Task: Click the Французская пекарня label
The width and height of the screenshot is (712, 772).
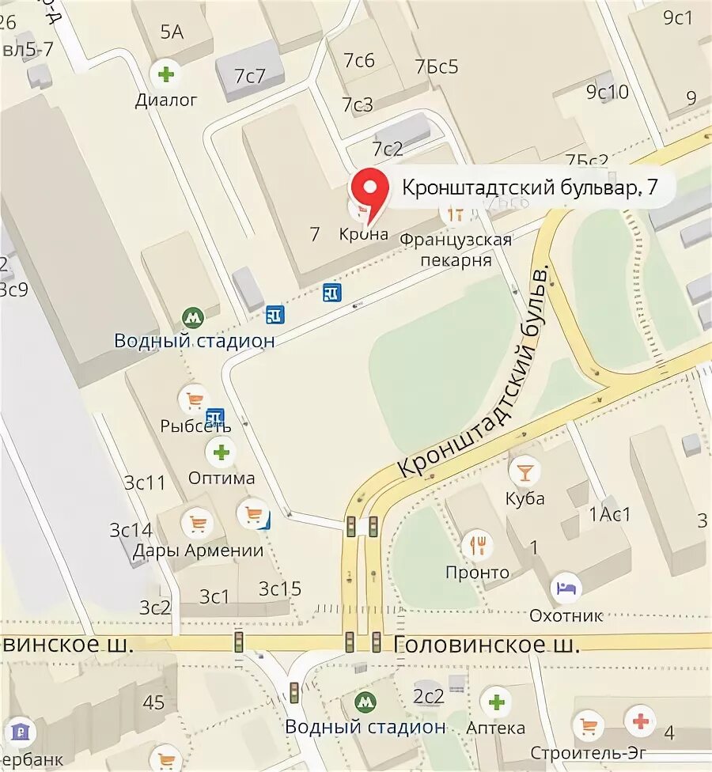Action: point(455,249)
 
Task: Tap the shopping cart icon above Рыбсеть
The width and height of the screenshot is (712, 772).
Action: point(193,399)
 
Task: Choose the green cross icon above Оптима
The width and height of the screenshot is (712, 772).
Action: point(221,452)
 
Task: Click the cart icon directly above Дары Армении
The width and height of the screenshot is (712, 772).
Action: point(197,523)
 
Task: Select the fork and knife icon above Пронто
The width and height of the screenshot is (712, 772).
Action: point(478,544)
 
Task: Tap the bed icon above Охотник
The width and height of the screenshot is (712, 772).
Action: point(566,588)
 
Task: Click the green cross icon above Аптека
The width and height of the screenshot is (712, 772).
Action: point(496,701)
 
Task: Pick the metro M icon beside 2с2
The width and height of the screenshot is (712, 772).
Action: point(365,701)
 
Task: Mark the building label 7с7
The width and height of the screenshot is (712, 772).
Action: point(249,77)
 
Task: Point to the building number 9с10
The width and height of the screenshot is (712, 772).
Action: point(607,92)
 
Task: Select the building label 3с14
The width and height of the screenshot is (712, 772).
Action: point(131,530)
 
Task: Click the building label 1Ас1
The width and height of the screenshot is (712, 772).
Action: point(610,514)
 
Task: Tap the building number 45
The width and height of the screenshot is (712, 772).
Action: point(154,702)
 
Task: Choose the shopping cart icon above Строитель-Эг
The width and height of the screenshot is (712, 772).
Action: point(589,725)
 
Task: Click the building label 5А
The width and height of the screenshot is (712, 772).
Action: point(172,32)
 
